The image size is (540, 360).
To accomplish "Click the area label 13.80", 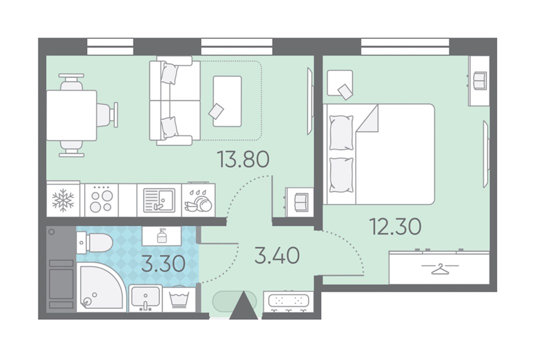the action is point(243,159).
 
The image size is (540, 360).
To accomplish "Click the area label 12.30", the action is point(395,226).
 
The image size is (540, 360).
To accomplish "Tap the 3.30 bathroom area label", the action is point(163,264).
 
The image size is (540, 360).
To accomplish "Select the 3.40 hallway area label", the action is point(277,255).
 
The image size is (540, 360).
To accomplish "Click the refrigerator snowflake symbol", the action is point(63,200).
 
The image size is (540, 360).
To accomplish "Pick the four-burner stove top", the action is point(101,200).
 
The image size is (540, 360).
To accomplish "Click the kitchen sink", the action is point(159,200).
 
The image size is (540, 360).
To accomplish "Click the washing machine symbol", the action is point(179,299).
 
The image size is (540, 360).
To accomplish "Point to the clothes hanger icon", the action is point(440,269).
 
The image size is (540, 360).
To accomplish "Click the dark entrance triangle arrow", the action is point(243,305).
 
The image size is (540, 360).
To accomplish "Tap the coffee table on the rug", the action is point(227,101).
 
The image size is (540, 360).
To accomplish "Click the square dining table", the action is point(71,115).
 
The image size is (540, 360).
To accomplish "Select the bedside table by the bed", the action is point(340,83).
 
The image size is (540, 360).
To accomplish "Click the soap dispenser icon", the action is point(161,236).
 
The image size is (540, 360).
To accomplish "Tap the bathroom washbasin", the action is point(145,298).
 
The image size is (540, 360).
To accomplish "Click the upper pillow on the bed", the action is point(341,132).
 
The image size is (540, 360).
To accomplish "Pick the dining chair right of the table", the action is point(108,115).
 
